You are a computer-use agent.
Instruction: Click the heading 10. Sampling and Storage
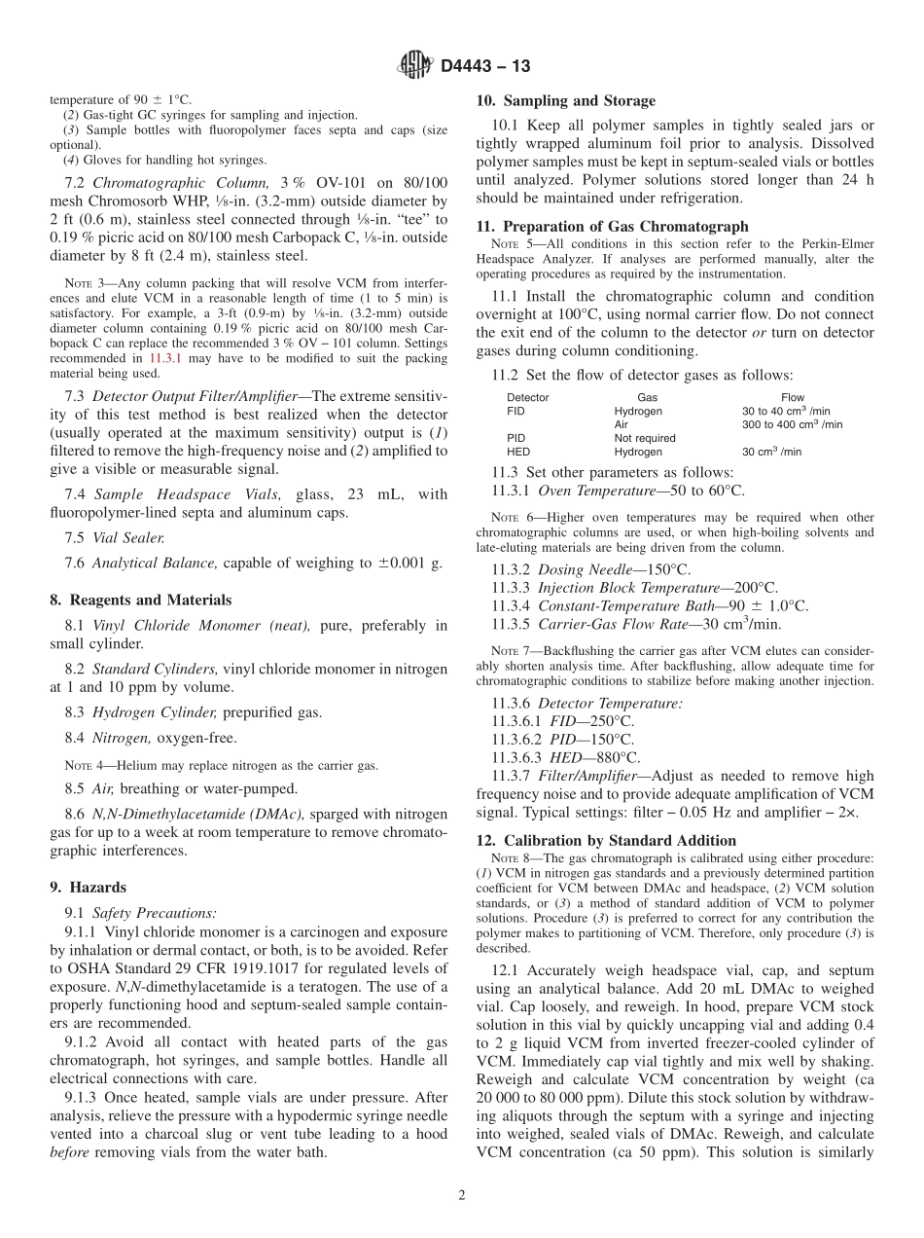[x=565, y=100]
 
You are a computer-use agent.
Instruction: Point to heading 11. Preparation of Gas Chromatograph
[x=612, y=227]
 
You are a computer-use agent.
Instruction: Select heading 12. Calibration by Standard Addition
[x=606, y=840]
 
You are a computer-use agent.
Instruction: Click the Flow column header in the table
[x=792, y=397]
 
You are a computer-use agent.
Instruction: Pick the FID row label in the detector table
[x=515, y=411]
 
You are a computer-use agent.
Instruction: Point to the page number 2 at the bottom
[x=462, y=1195]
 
